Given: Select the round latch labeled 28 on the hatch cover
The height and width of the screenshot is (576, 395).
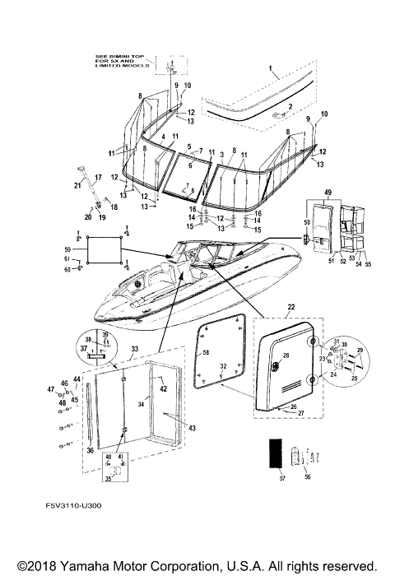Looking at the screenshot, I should (286, 356).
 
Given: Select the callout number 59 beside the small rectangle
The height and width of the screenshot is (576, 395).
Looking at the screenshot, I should (68, 249).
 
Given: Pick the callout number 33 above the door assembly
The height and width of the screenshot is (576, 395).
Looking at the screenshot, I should (135, 349).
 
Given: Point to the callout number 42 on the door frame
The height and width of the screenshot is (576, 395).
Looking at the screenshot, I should (163, 388).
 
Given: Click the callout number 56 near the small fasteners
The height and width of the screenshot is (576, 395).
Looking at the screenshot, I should (308, 476).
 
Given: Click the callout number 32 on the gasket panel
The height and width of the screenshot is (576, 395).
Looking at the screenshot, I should (223, 365).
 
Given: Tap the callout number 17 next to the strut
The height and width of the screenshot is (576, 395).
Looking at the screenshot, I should (97, 176).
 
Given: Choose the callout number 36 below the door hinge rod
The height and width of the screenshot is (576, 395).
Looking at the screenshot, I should (91, 451).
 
